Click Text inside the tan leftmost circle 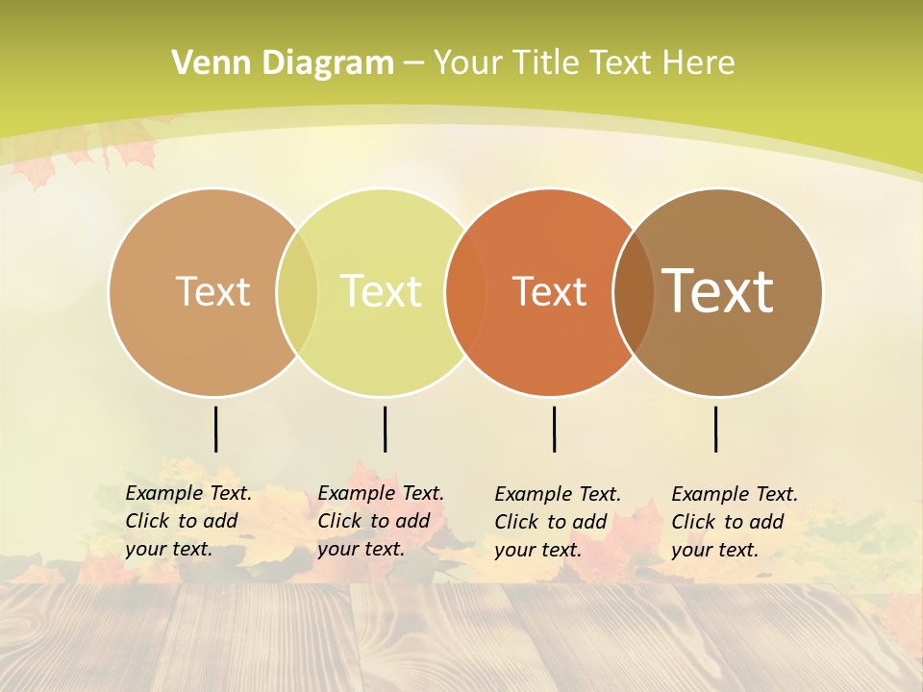(x=212, y=291)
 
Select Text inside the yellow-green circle (x=382, y=291)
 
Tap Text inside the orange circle (x=549, y=292)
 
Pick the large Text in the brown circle (x=718, y=290)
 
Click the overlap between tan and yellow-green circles (x=297, y=292)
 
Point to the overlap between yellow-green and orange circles (x=465, y=292)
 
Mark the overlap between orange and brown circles (x=633, y=292)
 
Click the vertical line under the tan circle (x=215, y=429)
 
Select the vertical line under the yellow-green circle (x=385, y=429)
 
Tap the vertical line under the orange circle (x=554, y=429)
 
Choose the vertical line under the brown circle (x=715, y=429)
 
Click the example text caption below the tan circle (x=187, y=521)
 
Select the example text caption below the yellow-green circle (x=380, y=521)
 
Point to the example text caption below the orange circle (x=557, y=522)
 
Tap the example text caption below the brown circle (x=734, y=522)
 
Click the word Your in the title (x=468, y=63)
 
